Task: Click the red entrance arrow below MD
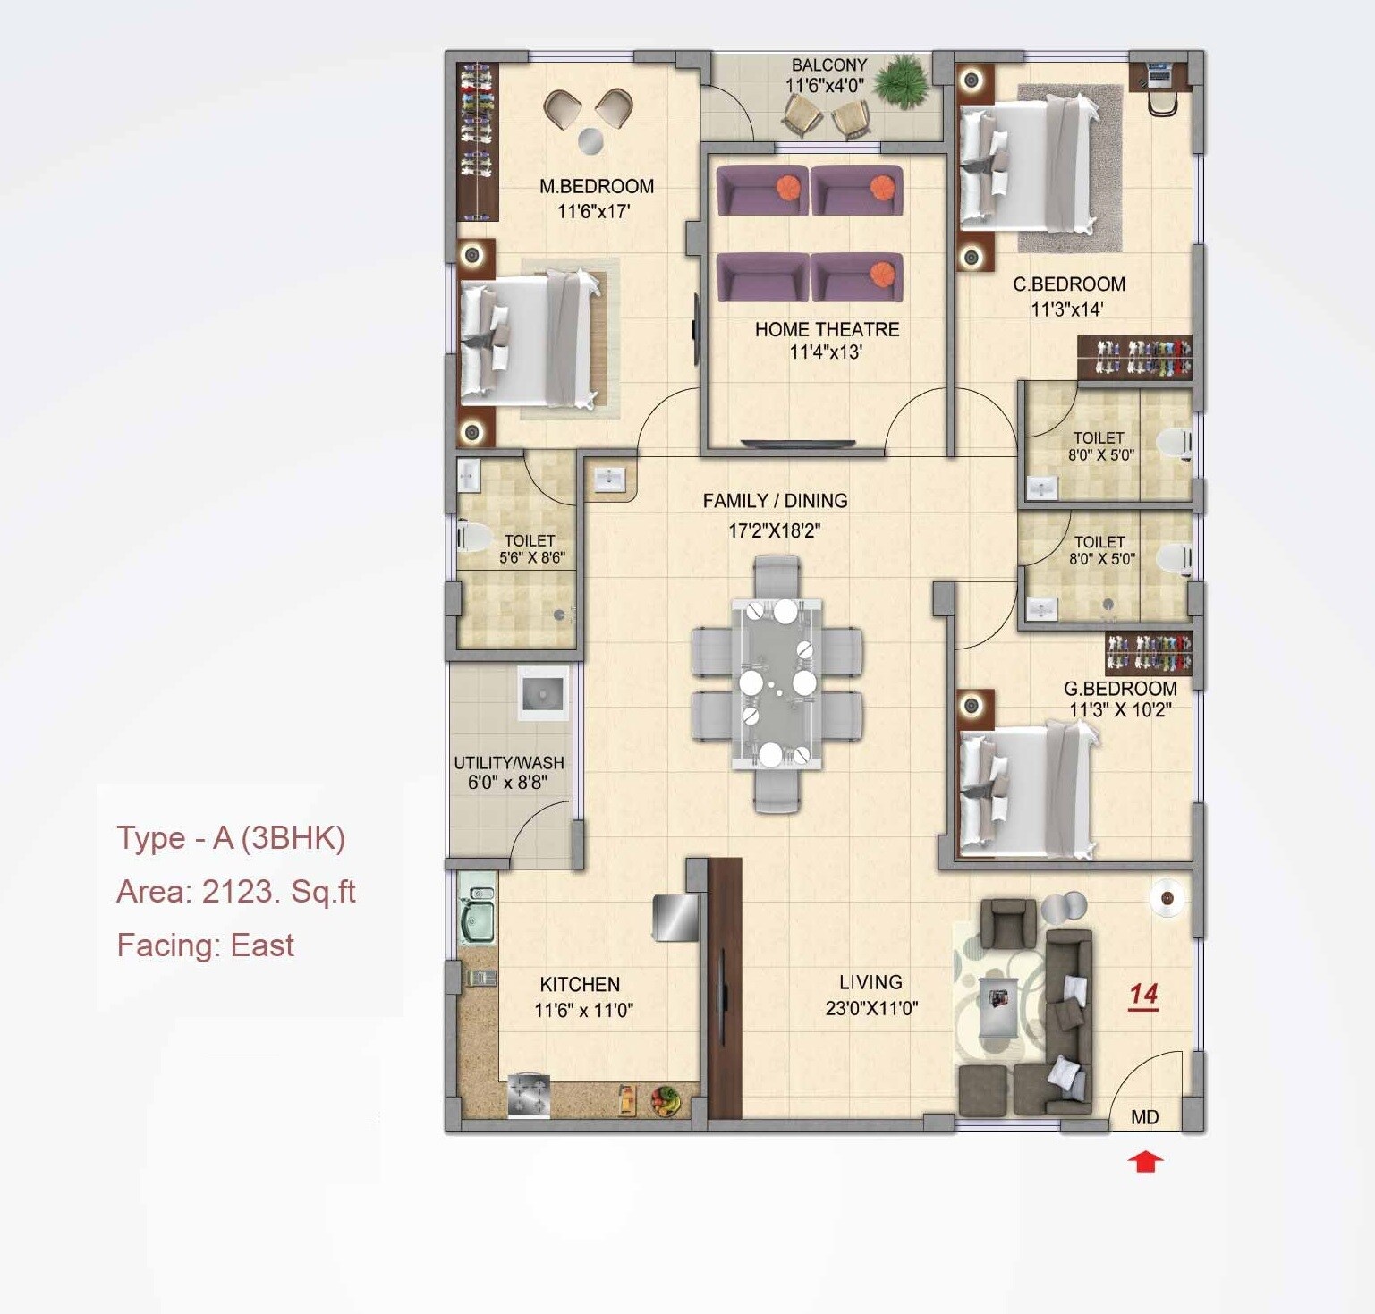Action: tap(1145, 1162)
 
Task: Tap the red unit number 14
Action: tap(1143, 995)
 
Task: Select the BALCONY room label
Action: tap(829, 65)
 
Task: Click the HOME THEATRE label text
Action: tap(827, 329)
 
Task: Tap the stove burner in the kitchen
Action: tap(529, 1097)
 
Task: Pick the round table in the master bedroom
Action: tap(590, 140)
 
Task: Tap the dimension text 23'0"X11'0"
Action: tap(871, 1008)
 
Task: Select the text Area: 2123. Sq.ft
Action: tap(236, 892)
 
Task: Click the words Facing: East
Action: tap(205, 945)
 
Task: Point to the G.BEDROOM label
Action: tap(1120, 689)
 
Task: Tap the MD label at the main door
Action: tap(1144, 1117)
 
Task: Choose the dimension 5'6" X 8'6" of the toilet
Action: tap(531, 558)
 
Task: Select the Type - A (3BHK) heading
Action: tap(231, 838)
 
